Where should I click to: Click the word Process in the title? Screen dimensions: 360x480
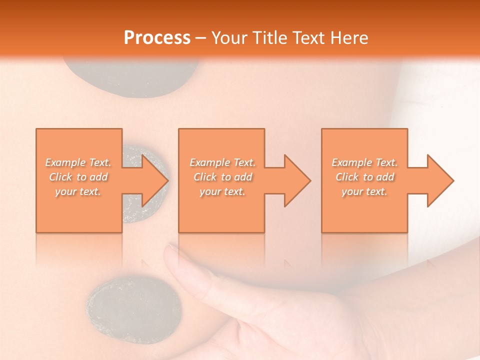point(157,38)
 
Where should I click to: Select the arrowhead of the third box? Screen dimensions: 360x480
point(439,180)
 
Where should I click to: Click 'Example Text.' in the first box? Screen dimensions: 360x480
point(78,162)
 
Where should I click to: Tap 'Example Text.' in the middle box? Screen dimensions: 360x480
point(222,162)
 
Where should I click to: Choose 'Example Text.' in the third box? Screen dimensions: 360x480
point(364,162)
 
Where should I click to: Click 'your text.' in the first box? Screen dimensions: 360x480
point(78,191)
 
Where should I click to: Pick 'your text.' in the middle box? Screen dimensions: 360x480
point(222,191)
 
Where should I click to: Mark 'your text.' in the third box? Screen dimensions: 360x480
point(364,191)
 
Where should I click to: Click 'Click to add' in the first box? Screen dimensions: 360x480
point(78,177)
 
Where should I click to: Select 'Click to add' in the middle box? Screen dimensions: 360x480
point(222,177)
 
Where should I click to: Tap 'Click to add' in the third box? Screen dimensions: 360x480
point(364,177)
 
